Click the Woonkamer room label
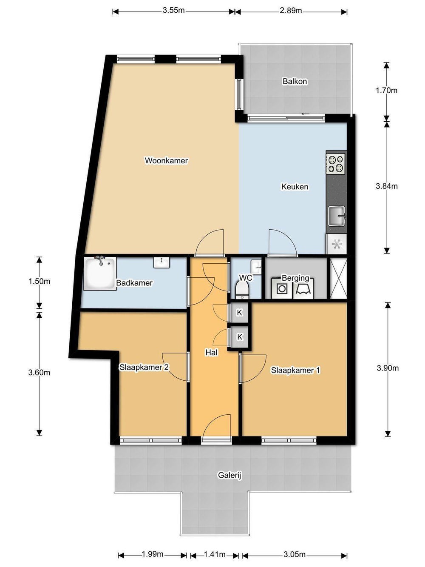click(166, 160)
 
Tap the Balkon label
click(295, 81)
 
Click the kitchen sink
click(337, 216)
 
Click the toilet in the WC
click(242, 290)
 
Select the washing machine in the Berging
click(282, 288)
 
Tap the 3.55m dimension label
click(173, 11)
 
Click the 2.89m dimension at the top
click(291, 11)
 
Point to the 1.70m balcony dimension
click(386, 91)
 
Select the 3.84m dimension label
click(387, 186)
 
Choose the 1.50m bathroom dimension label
click(39, 281)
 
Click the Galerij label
click(229, 475)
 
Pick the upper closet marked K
click(239, 313)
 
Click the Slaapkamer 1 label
click(295, 370)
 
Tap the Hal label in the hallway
click(211, 352)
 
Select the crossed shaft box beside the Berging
click(338, 278)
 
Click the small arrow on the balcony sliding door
click(305, 114)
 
